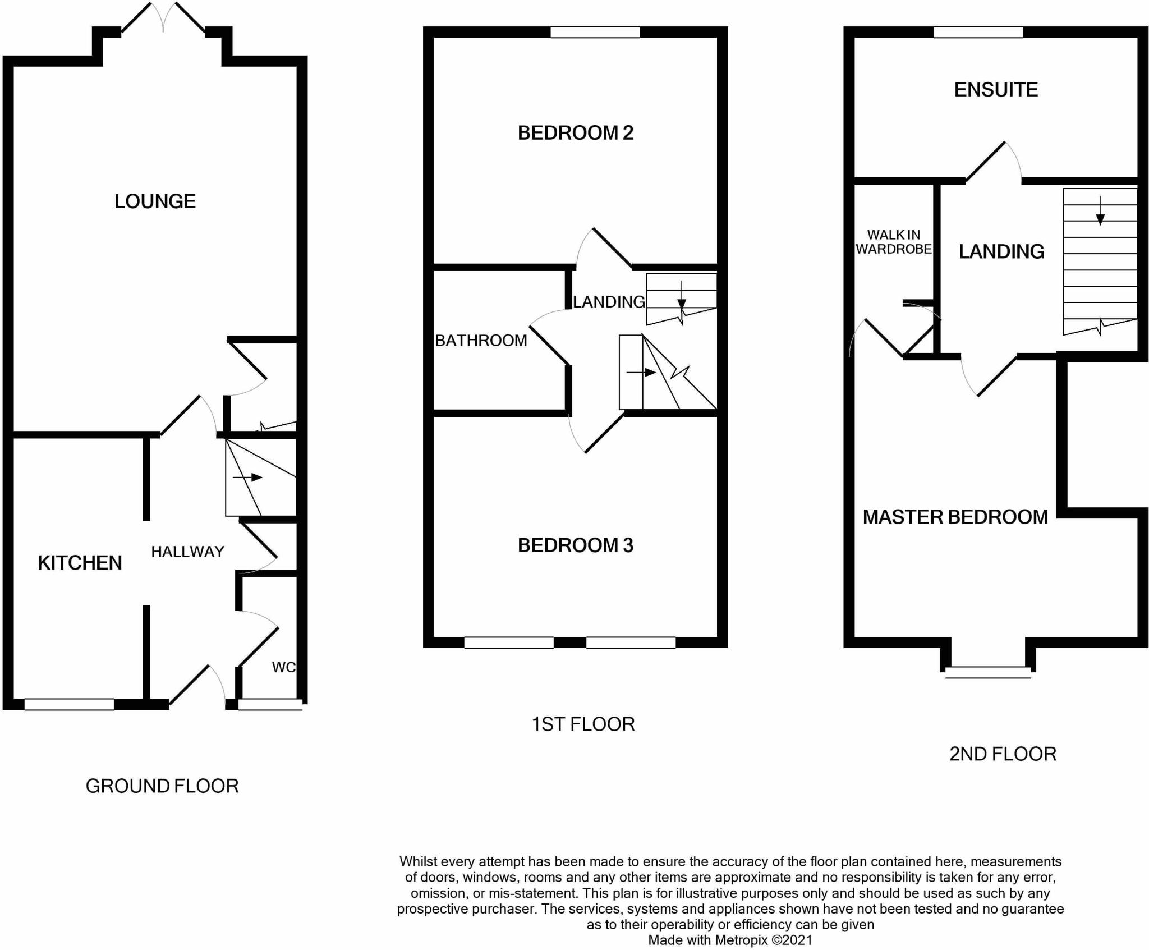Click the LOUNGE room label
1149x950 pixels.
155,201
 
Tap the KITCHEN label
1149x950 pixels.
80,563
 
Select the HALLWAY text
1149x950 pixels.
187,552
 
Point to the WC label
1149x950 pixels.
283,667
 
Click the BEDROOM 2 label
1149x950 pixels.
576,133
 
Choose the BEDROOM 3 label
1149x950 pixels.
576,545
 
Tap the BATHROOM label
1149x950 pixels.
481,340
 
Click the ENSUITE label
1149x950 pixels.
996,90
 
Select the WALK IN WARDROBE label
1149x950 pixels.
894,242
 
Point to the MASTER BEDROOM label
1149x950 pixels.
955,517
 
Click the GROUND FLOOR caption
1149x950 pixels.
162,786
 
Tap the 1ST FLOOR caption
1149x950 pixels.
583,724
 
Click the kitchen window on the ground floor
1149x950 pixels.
69,704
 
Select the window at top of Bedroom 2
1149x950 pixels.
595,32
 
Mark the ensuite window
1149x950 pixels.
978,32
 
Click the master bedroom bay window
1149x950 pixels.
988,672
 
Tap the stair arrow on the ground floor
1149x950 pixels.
248,478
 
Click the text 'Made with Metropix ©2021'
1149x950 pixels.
730,940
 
